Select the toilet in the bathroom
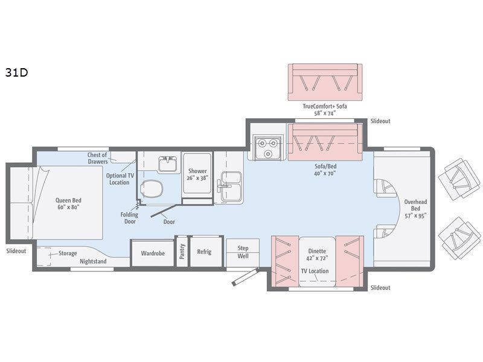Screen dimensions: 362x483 [152, 188]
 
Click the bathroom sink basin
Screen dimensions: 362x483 [167, 164]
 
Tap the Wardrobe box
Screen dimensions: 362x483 [153, 253]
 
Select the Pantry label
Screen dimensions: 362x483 [182, 252]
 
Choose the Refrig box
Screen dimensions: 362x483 [204, 252]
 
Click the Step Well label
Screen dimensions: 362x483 [243, 252]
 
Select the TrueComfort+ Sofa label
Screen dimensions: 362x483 [325, 110]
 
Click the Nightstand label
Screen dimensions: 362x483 [93, 262]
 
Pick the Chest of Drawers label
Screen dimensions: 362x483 [97, 158]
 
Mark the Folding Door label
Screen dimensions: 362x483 [129, 218]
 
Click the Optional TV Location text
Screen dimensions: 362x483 [119, 179]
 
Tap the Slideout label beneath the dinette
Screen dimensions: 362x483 [380, 288]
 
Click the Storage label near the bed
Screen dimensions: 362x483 [67, 253]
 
